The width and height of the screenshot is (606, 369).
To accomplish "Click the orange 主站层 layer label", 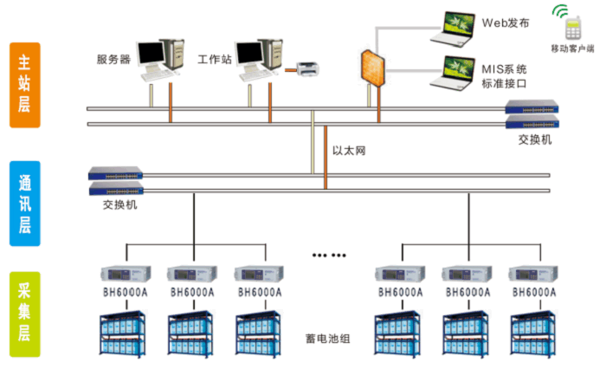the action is (x=25, y=85).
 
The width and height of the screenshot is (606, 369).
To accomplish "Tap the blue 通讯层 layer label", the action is (x=25, y=204).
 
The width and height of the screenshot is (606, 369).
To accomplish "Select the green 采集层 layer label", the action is (x=25, y=314).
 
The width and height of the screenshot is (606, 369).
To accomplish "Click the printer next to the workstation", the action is (x=307, y=69).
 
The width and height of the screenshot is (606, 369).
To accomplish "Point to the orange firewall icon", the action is (x=373, y=68).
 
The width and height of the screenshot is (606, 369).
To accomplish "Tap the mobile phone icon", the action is (x=573, y=28).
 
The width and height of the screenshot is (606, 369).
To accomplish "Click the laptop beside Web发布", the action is (x=454, y=29).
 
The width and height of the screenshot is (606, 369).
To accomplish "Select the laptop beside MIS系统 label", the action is (x=454, y=73).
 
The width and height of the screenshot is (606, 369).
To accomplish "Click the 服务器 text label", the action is (x=113, y=60).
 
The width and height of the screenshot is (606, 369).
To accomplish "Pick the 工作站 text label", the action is (x=215, y=59).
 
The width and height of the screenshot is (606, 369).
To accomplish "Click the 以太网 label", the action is (x=349, y=151).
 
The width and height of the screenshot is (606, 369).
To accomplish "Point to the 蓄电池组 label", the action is (x=328, y=339).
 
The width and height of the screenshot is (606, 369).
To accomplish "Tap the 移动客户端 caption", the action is (x=573, y=49).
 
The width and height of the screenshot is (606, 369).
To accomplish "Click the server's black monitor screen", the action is (x=151, y=53).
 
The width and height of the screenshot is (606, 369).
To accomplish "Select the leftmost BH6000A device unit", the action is (x=126, y=274).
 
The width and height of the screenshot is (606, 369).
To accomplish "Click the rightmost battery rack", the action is (x=533, y=333).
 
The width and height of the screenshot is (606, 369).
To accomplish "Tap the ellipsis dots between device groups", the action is (x=329, y=256).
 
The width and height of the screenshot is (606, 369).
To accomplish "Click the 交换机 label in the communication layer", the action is (x=119, y=204).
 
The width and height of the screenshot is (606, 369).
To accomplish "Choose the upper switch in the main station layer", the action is (x=532, y=107).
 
